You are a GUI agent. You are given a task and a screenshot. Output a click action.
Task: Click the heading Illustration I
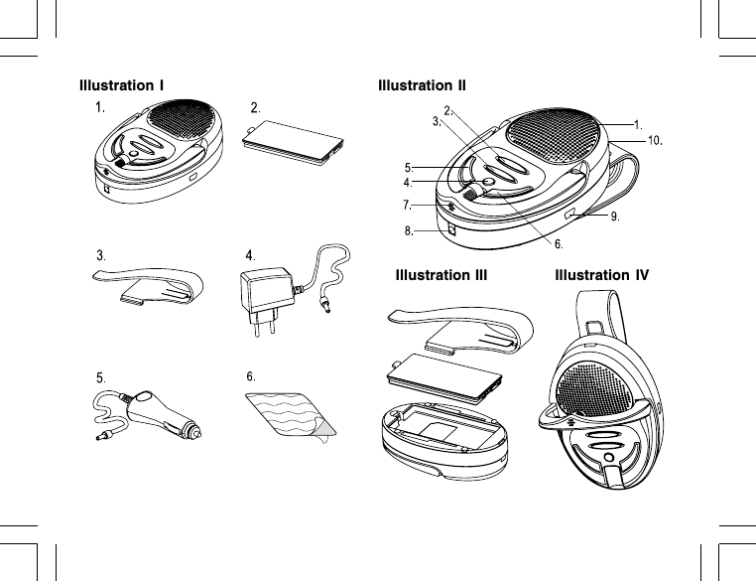[122, 84]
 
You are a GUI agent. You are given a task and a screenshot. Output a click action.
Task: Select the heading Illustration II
[422, 84]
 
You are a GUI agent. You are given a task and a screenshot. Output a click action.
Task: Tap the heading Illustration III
[441, 274]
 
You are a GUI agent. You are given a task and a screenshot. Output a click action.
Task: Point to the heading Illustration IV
[602, 274]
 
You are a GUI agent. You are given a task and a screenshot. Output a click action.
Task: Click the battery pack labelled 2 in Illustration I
[295, 142]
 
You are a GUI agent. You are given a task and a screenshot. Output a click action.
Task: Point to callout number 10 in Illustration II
[655, 140]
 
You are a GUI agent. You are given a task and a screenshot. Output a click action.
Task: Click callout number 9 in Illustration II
[615, 217]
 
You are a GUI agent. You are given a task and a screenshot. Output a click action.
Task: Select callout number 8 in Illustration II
[408, 231]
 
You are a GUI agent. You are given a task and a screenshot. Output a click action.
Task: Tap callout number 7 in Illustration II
[408, 206]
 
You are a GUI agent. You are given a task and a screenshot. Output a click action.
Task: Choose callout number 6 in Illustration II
[559, 243]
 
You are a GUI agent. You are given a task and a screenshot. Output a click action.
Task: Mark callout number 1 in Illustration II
[639, 125]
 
